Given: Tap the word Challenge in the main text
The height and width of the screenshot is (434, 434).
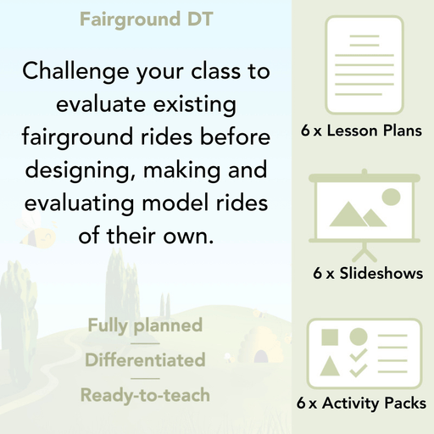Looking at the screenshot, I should [74, 71].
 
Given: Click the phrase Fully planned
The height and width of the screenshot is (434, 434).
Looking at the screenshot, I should [145, 325].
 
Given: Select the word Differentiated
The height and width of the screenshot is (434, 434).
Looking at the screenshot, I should [145, 360].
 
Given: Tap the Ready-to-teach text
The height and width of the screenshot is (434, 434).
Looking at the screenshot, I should [145, 395].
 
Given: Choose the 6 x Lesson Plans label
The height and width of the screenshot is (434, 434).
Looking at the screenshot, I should [361, 131].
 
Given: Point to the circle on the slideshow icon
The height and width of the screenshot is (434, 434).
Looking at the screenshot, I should [391, 197].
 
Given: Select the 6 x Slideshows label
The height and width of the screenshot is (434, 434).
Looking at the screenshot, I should [367, 273].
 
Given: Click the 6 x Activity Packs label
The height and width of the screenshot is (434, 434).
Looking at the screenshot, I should [361, 404].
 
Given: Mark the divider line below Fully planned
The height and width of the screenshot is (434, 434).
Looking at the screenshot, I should [145, 343].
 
